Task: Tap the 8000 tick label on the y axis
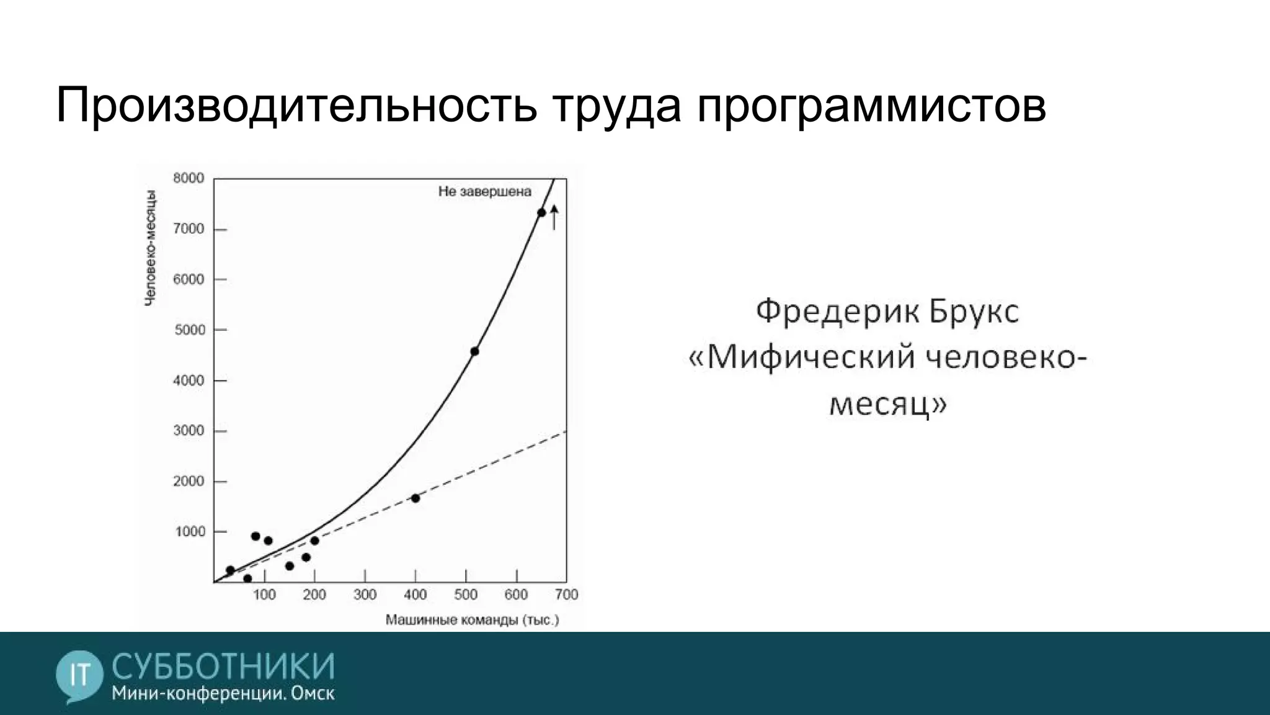(x=189, y=179)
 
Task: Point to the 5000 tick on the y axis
(x=189, y=330)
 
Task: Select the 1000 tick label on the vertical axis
(x=189, y=532)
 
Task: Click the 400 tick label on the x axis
(x=415, y=595)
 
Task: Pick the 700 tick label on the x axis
(x=566, y=595)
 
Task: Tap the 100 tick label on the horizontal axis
(x=264, y=595)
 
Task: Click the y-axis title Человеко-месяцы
(x=150, y=248)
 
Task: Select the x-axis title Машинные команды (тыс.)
(x=472, y=620)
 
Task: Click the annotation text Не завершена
(x=484, y=192)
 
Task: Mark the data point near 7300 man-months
(x=541, y=213)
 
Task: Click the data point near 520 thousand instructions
(x=474, y=351)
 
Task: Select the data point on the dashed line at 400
(x=415, y=498)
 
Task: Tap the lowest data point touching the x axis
(x=247, y=579)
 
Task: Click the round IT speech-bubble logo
(x=79, y=675)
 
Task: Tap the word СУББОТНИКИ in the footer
(x=223, y=667)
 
